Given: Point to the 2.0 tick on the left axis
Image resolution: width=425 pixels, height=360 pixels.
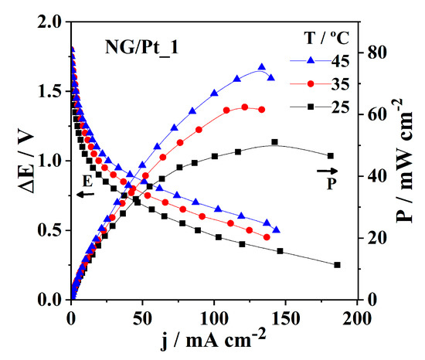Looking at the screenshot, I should [x=51, y=22].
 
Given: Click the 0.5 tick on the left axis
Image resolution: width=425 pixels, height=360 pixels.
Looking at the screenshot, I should [x=51, y=230].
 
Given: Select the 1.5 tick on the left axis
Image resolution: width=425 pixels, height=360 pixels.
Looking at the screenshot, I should [x=51, y=92].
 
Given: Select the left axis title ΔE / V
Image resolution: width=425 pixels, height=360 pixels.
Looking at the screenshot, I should [x=21, y=161].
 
